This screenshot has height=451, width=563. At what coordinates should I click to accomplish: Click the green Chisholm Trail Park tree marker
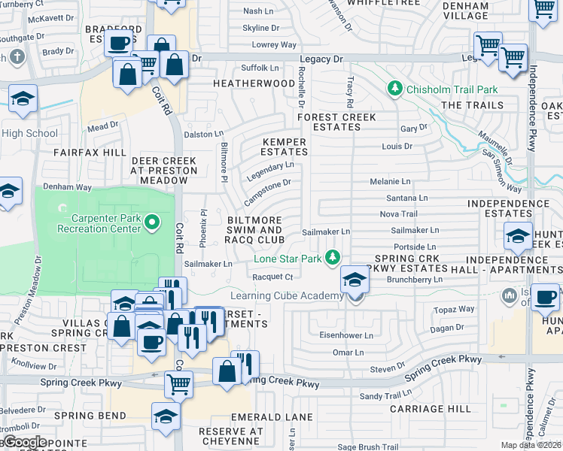click(x=394, y=89)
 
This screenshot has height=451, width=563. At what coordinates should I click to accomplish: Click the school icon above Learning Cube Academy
click(x=354, y=281)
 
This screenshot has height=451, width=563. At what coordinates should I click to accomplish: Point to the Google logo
click(x=24, y=442)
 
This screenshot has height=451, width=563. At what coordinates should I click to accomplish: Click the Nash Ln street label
click(x=258, y=11)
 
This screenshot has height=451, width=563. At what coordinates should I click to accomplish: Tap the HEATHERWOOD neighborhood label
click(x=254, y=83)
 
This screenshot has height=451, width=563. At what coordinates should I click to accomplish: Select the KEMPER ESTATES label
click(x=284, y=147)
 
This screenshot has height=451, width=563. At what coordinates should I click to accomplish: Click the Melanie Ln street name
click(x=390, y=182)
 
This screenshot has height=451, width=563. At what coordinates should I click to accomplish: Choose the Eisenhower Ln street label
click(x=347, y=335)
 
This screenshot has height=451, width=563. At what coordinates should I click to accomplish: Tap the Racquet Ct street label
click(x=272, y=277)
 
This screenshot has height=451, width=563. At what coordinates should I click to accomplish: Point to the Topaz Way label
click(x=455, y=309)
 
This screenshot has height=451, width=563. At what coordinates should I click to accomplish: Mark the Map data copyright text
click(x=531, y=445)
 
